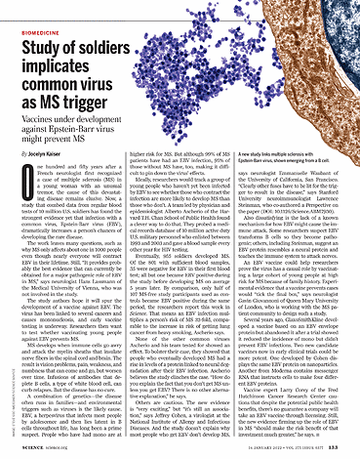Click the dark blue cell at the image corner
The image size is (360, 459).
coord(340,20)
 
